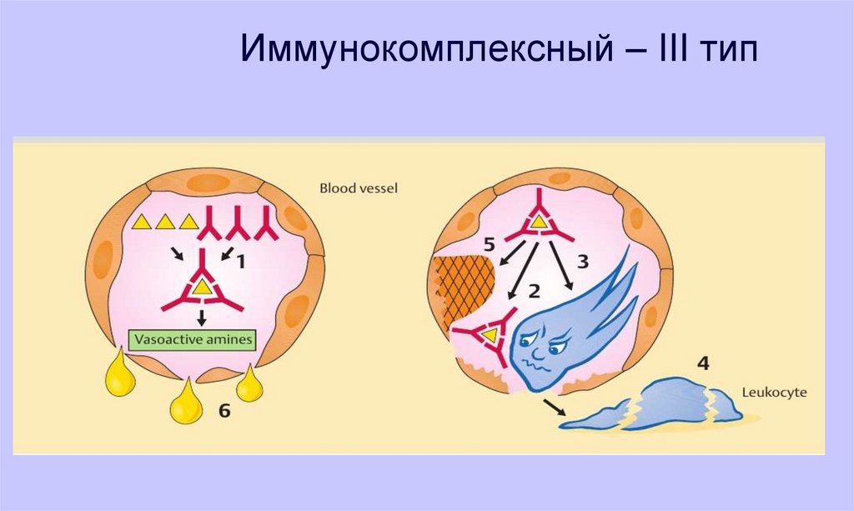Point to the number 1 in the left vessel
240,263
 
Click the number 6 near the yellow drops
224,411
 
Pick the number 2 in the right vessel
535,291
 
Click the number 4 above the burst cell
704,363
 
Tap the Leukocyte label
776,390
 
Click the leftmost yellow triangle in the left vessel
143,223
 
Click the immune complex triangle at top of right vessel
539,223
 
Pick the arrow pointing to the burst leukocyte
552,406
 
